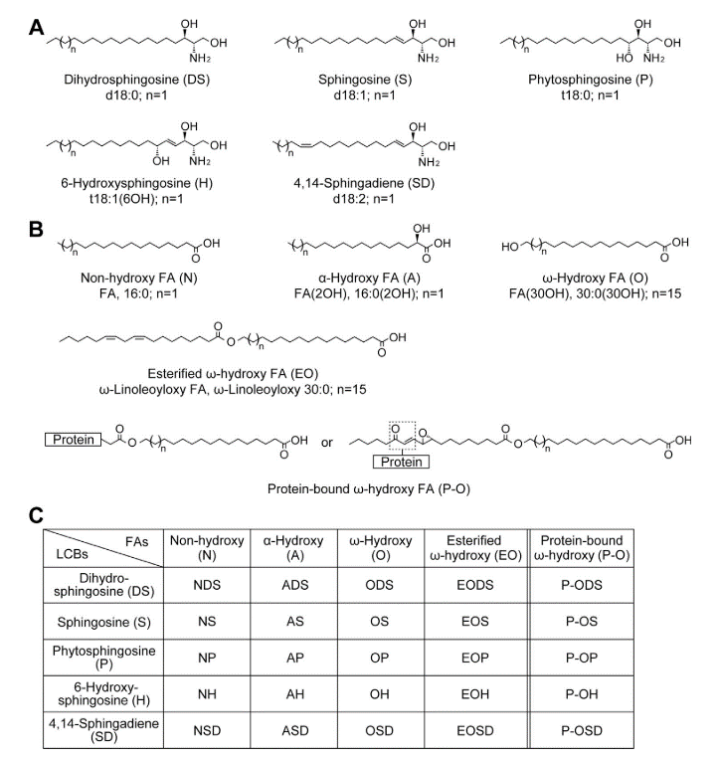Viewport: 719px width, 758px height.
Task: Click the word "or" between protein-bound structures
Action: coord(326,440)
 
